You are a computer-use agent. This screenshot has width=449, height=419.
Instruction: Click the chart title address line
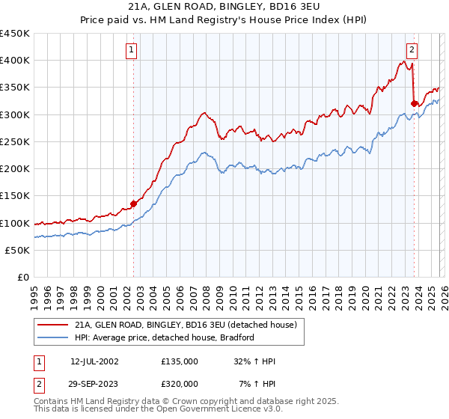coord(224,7)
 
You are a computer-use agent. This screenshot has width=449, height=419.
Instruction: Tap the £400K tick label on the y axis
coord(15,61)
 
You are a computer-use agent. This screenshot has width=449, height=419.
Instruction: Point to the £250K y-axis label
coord(15,141)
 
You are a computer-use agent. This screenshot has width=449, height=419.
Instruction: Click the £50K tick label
coord(18,250)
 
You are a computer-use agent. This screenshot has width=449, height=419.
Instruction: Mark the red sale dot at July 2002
coord(134,203)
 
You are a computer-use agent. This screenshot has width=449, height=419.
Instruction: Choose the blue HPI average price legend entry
coord(165,337)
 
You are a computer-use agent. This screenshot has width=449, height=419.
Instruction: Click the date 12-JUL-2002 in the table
coord(94,361)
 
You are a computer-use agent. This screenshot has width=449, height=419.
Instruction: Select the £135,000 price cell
coord(179,361)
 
